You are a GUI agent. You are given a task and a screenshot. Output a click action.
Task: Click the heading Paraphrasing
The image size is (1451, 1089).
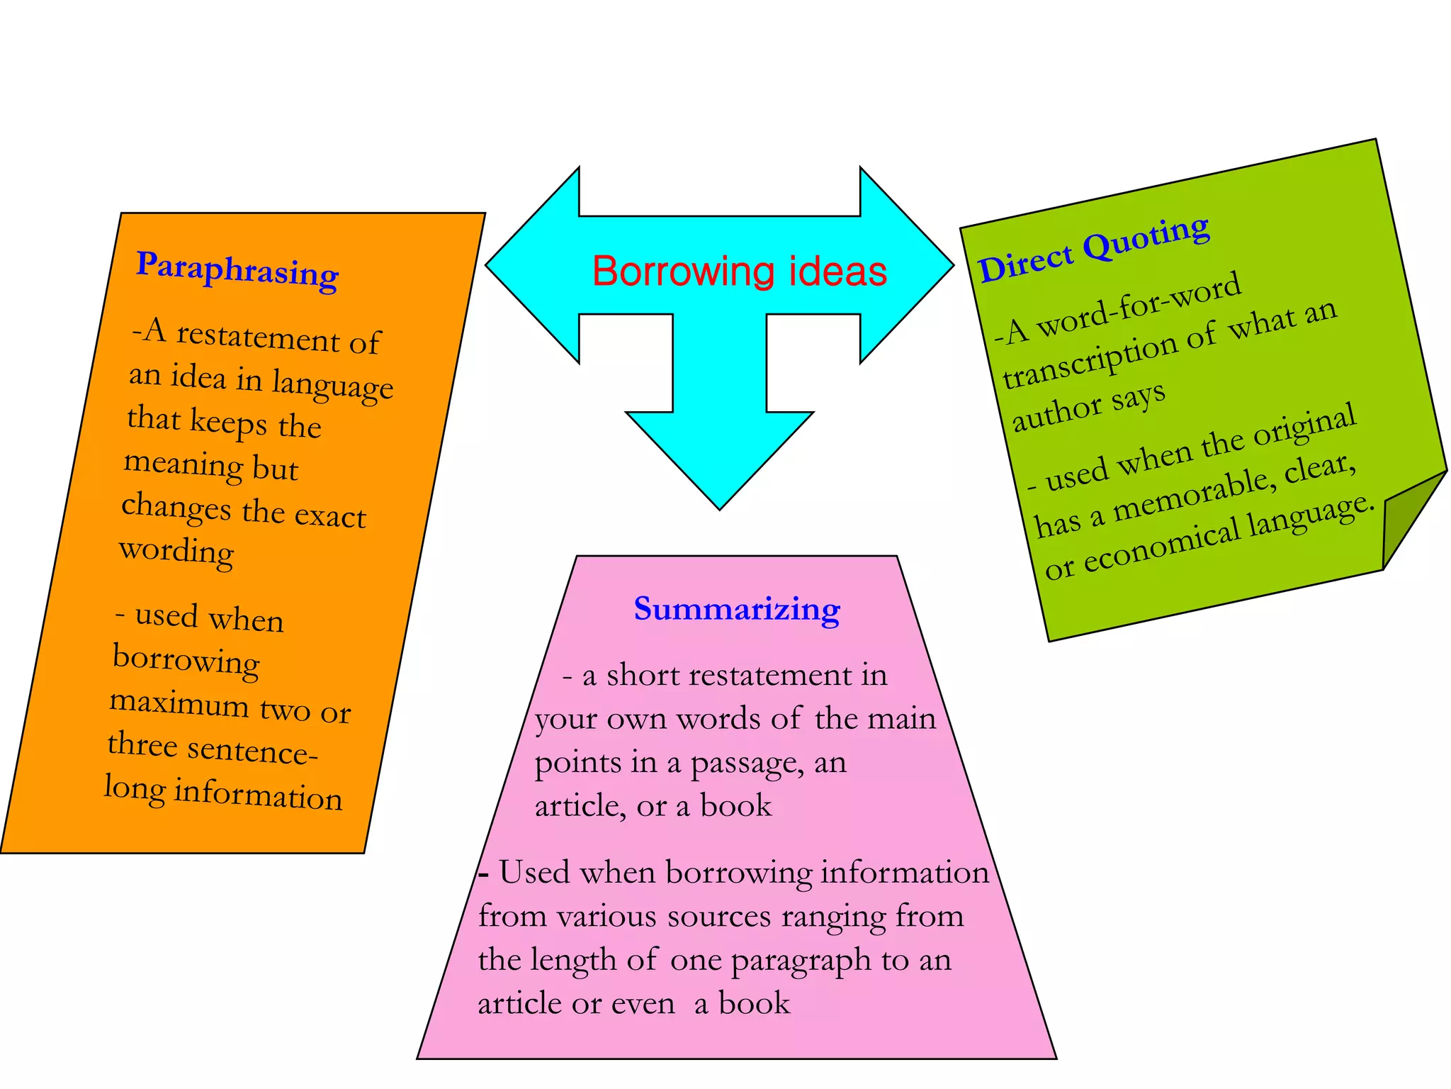237,269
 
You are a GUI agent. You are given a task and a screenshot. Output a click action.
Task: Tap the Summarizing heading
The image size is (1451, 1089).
737,609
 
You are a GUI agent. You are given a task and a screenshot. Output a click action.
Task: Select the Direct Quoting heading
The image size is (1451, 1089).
1095,248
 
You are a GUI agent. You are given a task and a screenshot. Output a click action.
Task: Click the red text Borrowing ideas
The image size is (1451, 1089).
740,272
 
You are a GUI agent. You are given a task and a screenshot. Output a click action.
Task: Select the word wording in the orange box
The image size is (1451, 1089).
176,551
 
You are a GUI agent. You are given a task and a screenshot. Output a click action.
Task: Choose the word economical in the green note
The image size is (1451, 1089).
1162,547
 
